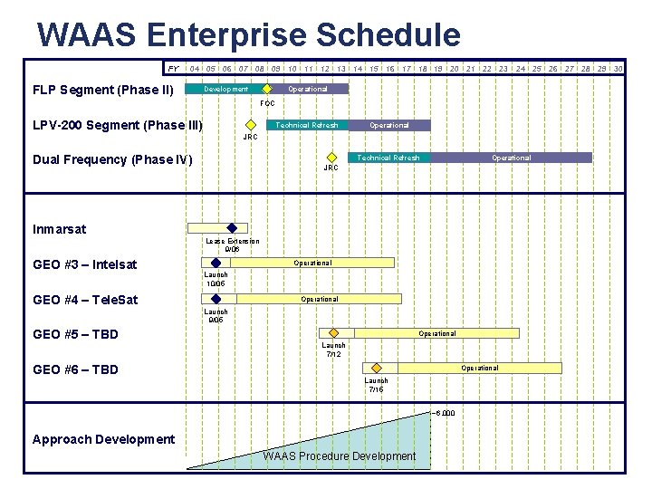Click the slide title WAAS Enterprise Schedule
pyautogui.click(x=248, y=35)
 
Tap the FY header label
pyautogui.click(x=173, y=68)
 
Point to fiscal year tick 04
pyautogui.click(x=195, y=68)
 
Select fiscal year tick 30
pyautogui.click(x=618, y=68)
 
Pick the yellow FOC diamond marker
pyautogui.click(x=267, y=90)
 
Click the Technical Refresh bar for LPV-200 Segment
pyautogui.click(x=306, y=125)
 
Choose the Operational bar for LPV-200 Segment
pyautogui.click(x=389, y=125)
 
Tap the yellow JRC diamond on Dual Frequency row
pyautogui.click(x=331, y=158)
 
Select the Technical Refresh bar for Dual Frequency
pyautogui.click(x=388, y=158)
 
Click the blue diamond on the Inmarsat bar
pyautogui.click(x=232, y=228)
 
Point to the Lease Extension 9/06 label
pyautogui.click(x=232, y=244)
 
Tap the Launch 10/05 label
pyautogui.click(x=216, y=279)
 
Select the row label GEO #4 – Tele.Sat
pyautogui.click(x=85, y=300)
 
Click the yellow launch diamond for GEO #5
pyautogui.click(x=334, y=333)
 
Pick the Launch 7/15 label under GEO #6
pyautogui.click(x=377, y=385)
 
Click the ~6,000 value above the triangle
pyautogui.click(x=444, y=413)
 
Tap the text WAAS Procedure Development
pyautogui.click(x=340, y=455)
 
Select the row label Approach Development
pyautogui.click(x=103, y=439)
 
